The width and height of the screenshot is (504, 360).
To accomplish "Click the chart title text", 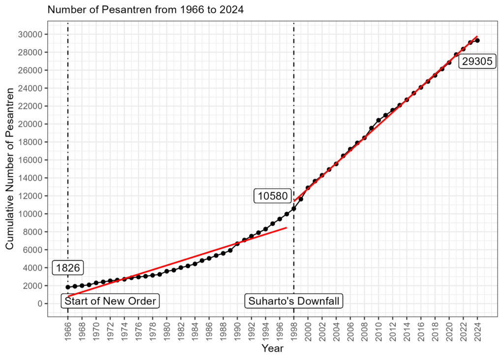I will (x=146, y=9).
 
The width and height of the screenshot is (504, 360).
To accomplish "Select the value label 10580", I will (x=273, y=196).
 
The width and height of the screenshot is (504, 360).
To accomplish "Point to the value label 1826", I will (x=68, y=268).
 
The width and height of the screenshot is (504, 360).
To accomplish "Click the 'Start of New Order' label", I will (x=110, y=301).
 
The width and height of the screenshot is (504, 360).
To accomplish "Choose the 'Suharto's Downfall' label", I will (x=294, y=301).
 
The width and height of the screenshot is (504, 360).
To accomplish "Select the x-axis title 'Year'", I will (x=273, y=348).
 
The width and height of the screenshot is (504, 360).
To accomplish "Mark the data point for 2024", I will (x=477, y=40).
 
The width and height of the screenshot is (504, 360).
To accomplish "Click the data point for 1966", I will (x=68, y=287).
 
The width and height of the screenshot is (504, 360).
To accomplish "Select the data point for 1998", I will (x=294, y=208).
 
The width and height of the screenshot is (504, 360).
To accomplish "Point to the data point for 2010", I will (x=378, y=120).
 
